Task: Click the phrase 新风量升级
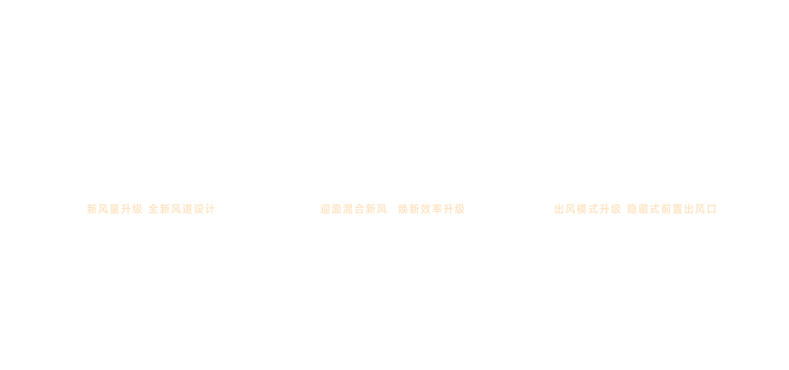[x=115, y=209]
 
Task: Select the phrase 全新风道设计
[x=182, y=209]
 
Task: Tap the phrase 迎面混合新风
[x=354, y=209]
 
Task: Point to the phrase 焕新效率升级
[x=431, y=209]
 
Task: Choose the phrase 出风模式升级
[x=588, y=209]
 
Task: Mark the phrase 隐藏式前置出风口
[x=672, y=209]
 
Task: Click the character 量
[x=115, y=209]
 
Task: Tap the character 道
[x=188, y=209]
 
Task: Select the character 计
[x=210, y=209]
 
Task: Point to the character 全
[x=154, y=209]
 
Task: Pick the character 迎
[x=325, y=209]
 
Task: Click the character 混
[x=348, y=209]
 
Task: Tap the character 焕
[x=403, y=209]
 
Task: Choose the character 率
[x=437, y=209]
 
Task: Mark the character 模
[x=582, y=209]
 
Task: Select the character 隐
[x=632, y=209]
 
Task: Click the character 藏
[x=644, y=209]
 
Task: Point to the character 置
[x=678, y=209]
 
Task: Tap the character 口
[x=712, y=209]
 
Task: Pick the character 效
[x=426, y=209]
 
